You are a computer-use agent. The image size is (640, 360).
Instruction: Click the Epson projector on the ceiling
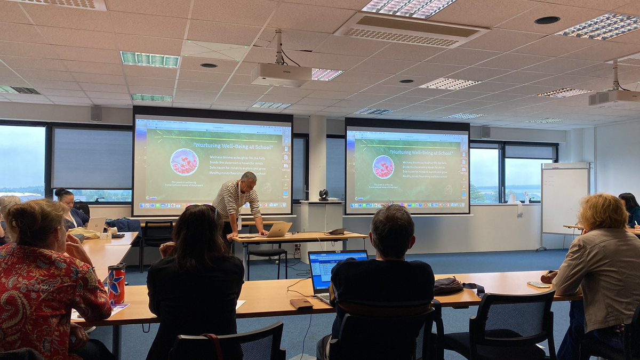click(281, 75)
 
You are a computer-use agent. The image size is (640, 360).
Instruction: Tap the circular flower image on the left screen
click(184, 162)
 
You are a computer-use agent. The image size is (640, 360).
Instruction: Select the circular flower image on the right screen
click(383, 166)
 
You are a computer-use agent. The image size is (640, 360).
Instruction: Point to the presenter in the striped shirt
click(237, 203)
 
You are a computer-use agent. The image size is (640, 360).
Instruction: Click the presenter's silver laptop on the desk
click(278, 229)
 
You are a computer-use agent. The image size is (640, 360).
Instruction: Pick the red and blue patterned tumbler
click(116, 283)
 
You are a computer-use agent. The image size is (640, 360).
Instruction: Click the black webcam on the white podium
click(324, 195)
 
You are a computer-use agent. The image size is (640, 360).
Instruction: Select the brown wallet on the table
click(301, 303)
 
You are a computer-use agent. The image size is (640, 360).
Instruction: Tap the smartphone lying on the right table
click(539, 285)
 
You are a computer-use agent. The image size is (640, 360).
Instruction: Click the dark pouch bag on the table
click(449, 286)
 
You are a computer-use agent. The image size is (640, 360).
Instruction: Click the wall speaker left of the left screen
click(96, 113)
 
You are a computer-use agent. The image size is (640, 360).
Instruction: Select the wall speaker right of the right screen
click(485, 132)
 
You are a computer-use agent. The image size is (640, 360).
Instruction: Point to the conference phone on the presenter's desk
click(336, 231)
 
